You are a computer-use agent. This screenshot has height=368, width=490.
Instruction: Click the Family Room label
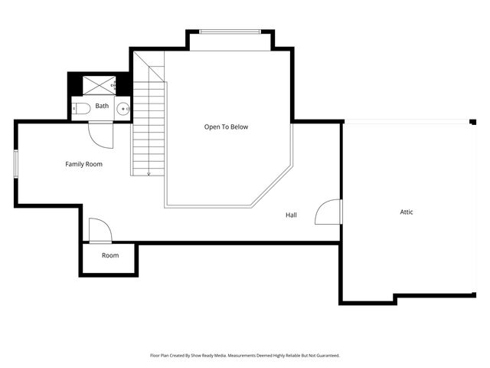coord(83,164)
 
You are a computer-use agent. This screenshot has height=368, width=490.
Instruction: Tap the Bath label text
coord(102,106)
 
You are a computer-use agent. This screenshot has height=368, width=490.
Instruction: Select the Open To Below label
coord(226,127)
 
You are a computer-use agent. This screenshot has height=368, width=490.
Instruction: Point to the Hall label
coord(291,215)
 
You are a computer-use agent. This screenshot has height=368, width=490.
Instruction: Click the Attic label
coord(407,212)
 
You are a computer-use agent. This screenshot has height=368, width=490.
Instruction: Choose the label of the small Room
coord(110,255)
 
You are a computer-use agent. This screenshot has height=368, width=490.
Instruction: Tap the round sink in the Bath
coord(122,110)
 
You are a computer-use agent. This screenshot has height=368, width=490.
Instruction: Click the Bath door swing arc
coord(100,135)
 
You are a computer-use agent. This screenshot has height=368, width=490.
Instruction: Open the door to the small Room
coord(100,230)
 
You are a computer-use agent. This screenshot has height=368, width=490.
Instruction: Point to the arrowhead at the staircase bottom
coord(149,174)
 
